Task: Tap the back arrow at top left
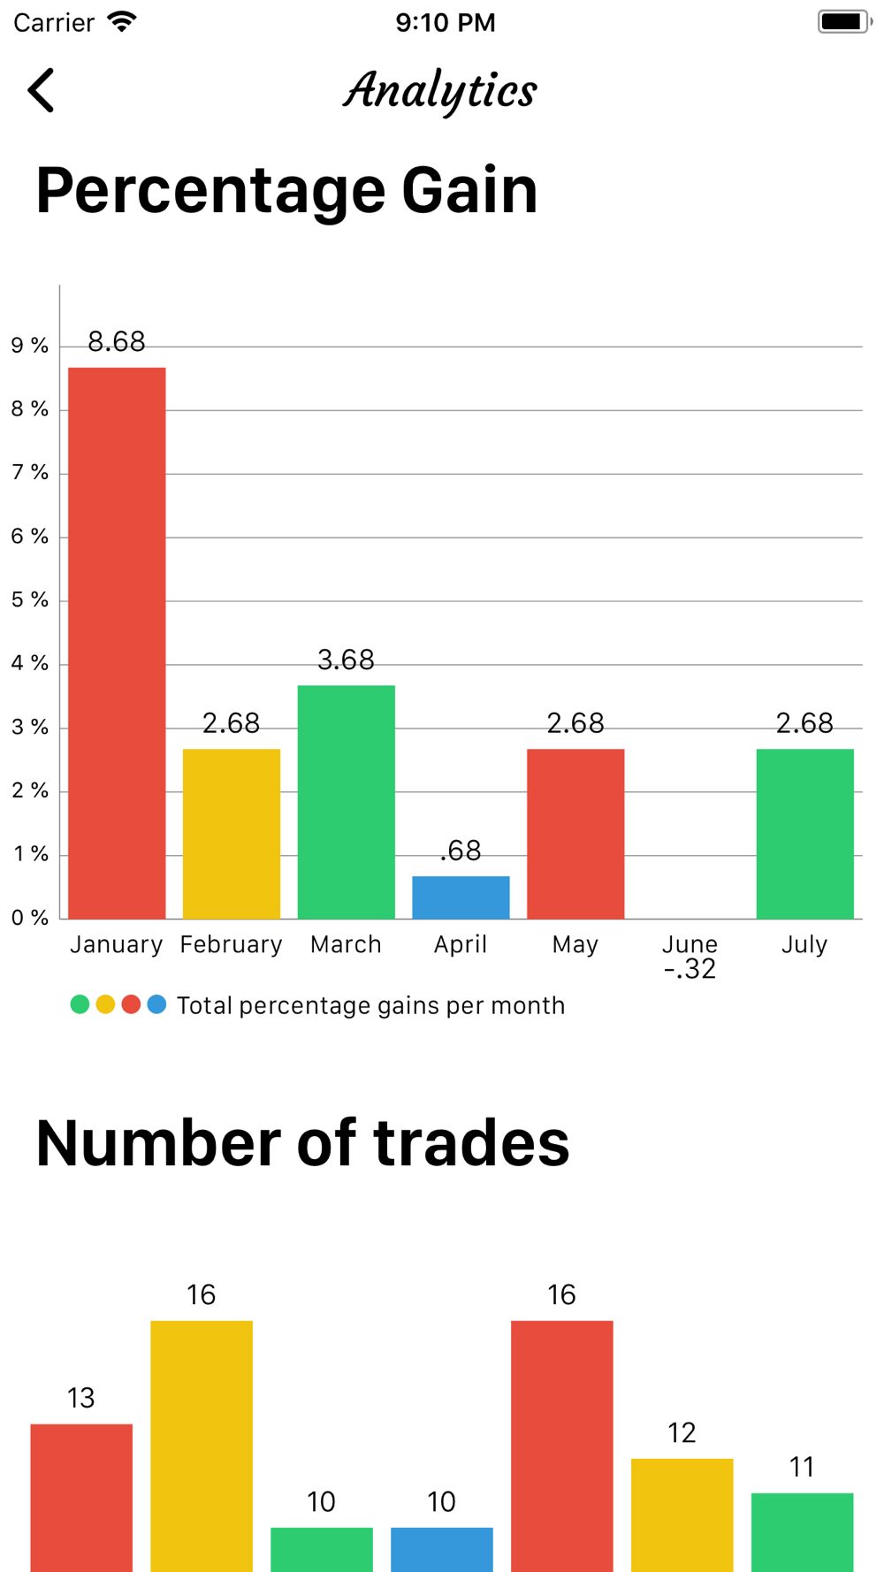pyautogui.click(x=41, y=90)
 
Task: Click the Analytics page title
pyautogui.click(x=440, y=91)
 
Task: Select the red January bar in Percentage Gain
pyautogui.click(x=117, y=643)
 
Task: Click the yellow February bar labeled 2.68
pyautogui.click(x=232, y=834)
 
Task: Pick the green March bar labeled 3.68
pyautogui.click(x=346, y=802)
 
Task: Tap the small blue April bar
pyautogui.click(x=461, y=897)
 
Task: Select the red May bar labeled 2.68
pyautogui.click(x=575, y=834)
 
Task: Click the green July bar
pyautogui.click(x=804, y=834)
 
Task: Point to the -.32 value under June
pyautogui.click(x=690, y=970)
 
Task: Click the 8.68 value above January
pyautogui.click(x=117, y=342)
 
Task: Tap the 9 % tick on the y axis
pyautogui.click(x=30, y=346)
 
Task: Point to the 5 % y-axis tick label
pyautogui.click(x=30, y=600)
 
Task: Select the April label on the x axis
pyautogui.click(x=461, y=944)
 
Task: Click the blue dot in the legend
pyautogui.click(x=156, y=1004)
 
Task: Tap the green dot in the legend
pyautogui.click(x=80, y=1004)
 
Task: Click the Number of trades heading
pyautogui.click(x=302, y=1142)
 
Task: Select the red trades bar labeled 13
pyautogui.click(x=81, y=1497)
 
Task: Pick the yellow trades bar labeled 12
pyautogui.click(x=682, y=1515)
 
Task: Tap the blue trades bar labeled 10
pyautogui.click(x=441, y=1549)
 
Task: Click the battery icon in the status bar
pyautogui.click(x=843, y=21)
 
